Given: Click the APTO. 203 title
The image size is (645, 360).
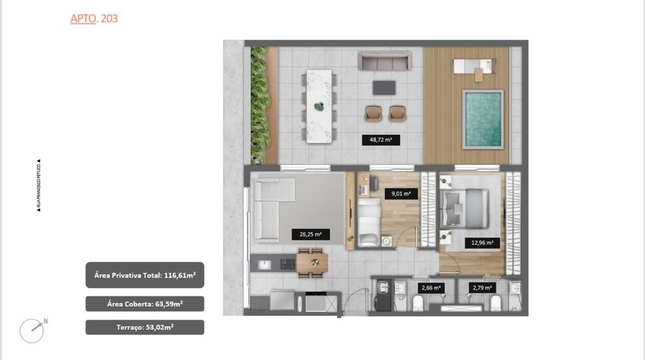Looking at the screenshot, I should pyautogui.click(x=94, y=19).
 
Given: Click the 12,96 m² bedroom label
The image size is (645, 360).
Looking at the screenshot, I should pyautogui.click(x=481, y=243).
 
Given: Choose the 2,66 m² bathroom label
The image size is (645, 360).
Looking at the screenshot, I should pyautogui.click(x=431, y=288).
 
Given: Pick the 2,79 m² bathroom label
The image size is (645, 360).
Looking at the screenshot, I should pyautogui.click(x=482, y=288).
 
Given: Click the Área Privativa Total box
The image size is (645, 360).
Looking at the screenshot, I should pyautogui.click(x=144, y=275).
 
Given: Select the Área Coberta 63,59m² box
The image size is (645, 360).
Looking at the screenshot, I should pyautogui.click(x=144, y=303).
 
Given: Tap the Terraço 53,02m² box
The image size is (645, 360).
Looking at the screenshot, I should pyautogui.click(x=144, y=327).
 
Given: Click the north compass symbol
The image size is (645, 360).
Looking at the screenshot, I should pyautogui.click(x=32, y=330).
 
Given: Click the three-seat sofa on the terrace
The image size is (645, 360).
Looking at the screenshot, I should pyautogui.click(x=384, y=62).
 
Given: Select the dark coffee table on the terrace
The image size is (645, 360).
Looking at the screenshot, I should pyautogui.click(x=385, y=88).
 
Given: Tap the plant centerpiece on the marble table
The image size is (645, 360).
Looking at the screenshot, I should pyautogui.click(x=318, y=106).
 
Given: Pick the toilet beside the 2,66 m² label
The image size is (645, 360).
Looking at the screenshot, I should pyautogui.click(x=417, y=303).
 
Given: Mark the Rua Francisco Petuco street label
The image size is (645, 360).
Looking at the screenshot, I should pyautogui.click(x=39, y=186).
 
